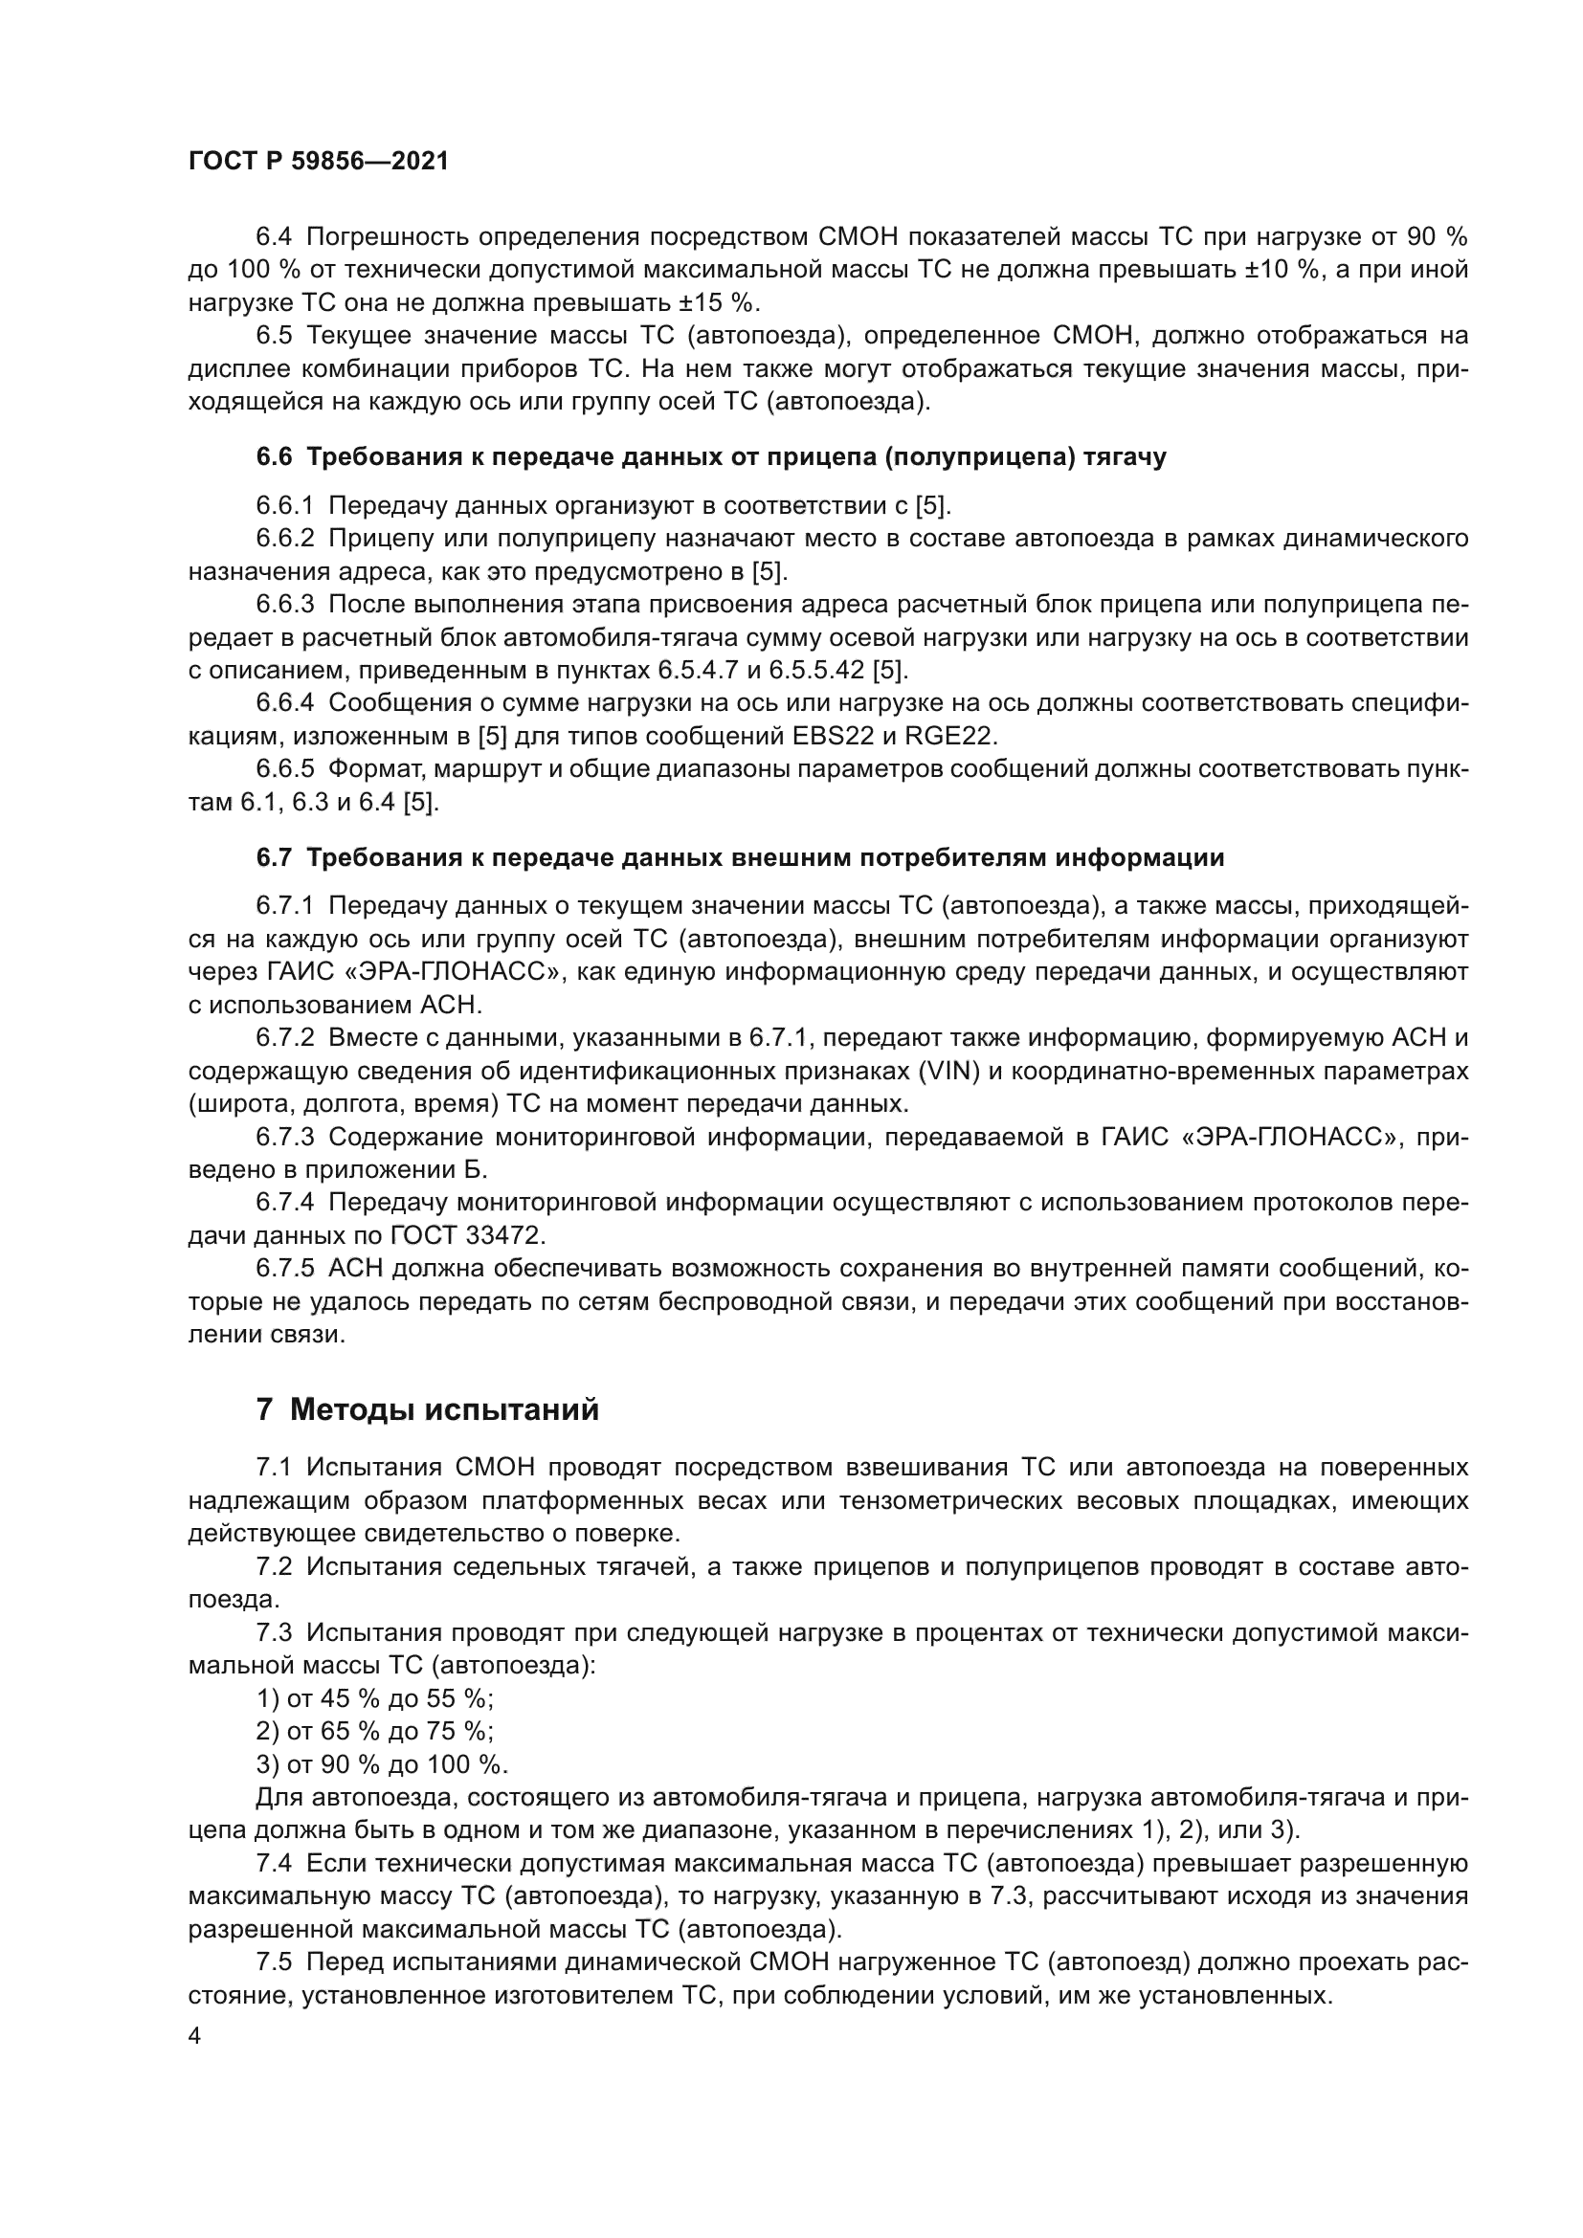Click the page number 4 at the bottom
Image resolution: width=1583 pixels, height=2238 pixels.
(x=195, y=2037)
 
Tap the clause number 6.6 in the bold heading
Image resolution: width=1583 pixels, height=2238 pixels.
(x=273, y=457)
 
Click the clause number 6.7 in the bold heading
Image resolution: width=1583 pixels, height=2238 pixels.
(x=273, y=857)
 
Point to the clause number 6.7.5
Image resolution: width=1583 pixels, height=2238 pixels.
(x=284, y=1269)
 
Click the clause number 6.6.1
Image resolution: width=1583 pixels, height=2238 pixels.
(x=284, y=505)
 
